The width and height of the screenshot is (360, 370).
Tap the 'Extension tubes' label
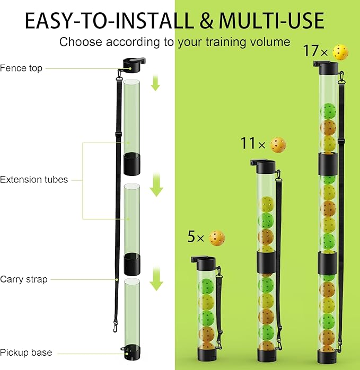click(34, 180)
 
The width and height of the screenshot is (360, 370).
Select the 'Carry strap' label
click(24, 279)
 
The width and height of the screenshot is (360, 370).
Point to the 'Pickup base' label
click(26, 353)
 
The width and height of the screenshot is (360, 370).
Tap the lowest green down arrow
click(155, 280)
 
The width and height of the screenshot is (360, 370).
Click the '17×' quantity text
click(316, 52)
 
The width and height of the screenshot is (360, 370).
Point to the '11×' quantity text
click(253, 144)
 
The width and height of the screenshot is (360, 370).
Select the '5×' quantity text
click(196, 237)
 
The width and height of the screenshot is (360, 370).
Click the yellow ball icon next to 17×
click(340, 52)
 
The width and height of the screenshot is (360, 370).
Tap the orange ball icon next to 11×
click(278, 144)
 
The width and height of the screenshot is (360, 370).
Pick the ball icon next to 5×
click(217, 238)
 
